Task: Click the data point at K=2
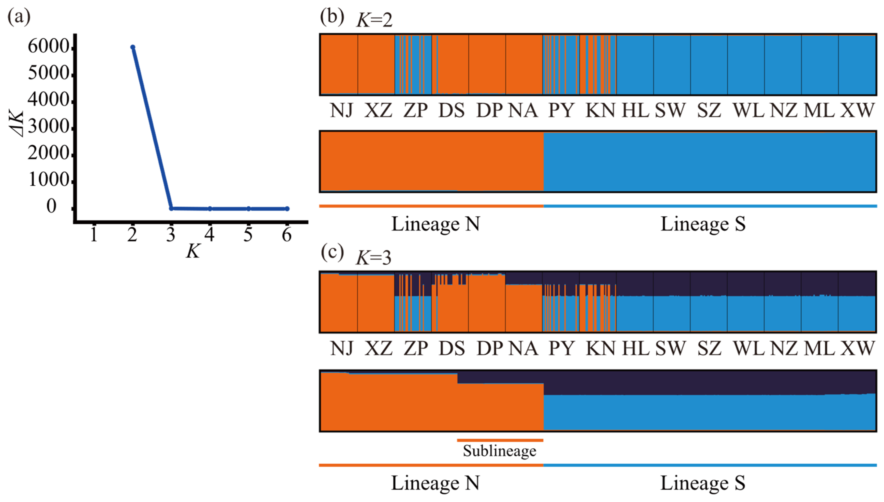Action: (x=133, y=47)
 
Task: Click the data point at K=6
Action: (x=287, y=209)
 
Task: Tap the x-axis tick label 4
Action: (x=209, y=235)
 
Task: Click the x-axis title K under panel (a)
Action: (x=193, y=251)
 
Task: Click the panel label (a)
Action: (x=19, y=17)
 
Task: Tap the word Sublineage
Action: (x=500, y=451)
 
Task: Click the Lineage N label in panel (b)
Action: (x=436, y=224)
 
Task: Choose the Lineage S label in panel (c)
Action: (x=703, y=483)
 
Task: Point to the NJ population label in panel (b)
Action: (x=341, y=110)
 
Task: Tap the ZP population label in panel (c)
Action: (x=416, y=348)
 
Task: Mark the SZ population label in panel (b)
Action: (x=709, y=110)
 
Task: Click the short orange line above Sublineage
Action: (x=500, y=440)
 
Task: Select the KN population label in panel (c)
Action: (x=601, y=348)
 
